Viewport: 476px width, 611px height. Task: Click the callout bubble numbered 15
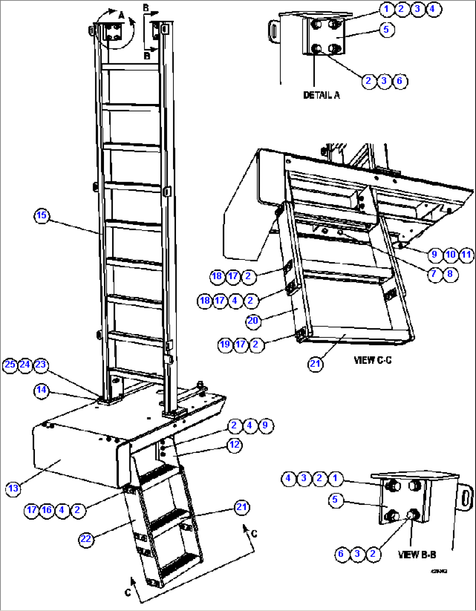(x=41, y=215)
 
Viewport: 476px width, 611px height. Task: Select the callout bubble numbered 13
(x=13, y=488)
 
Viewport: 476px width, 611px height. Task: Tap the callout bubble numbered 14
(x=41, y=390)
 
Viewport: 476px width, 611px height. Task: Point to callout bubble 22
(x=86, y=539)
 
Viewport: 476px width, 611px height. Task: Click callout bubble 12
(x=235, y=445)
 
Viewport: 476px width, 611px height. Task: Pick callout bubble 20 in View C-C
(x=253, y=321)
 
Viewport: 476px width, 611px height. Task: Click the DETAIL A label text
(x=321, y=95)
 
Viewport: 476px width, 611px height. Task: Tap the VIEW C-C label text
(x=373, y=360)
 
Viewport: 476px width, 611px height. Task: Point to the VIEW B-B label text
(x=417, y=555)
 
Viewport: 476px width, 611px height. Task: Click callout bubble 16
(x=47, y=510)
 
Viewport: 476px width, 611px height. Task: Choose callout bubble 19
(x=225, y=344)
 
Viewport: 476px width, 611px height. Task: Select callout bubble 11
(x=466, y=255)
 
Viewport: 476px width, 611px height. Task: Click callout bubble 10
(x=450, y=255)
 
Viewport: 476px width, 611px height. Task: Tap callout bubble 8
(x=450, y=274)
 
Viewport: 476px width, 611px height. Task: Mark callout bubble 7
(x=434, y=274)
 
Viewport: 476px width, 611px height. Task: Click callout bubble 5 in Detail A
(x=386, y=30)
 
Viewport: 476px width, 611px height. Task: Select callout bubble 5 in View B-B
(x=335, y=500)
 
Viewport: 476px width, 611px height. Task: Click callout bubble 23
(x=41, y=365)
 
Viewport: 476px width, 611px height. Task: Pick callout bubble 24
(x=25, y=365)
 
